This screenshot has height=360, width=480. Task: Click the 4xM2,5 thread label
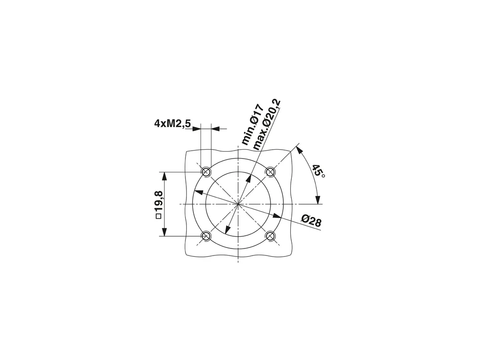(x=172, y=124)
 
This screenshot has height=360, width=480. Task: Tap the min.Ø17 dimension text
(x=252, y=125)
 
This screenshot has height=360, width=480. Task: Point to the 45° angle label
(x=318, y=171)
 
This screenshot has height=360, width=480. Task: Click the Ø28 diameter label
(x=311, y=221)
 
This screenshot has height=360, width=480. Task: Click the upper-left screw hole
(x=206, y=172)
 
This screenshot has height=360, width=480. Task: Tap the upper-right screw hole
(x=270, y=172)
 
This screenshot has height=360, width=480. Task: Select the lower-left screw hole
(x=206, y=236)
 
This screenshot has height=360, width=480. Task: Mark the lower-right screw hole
(x=270, y=236)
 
